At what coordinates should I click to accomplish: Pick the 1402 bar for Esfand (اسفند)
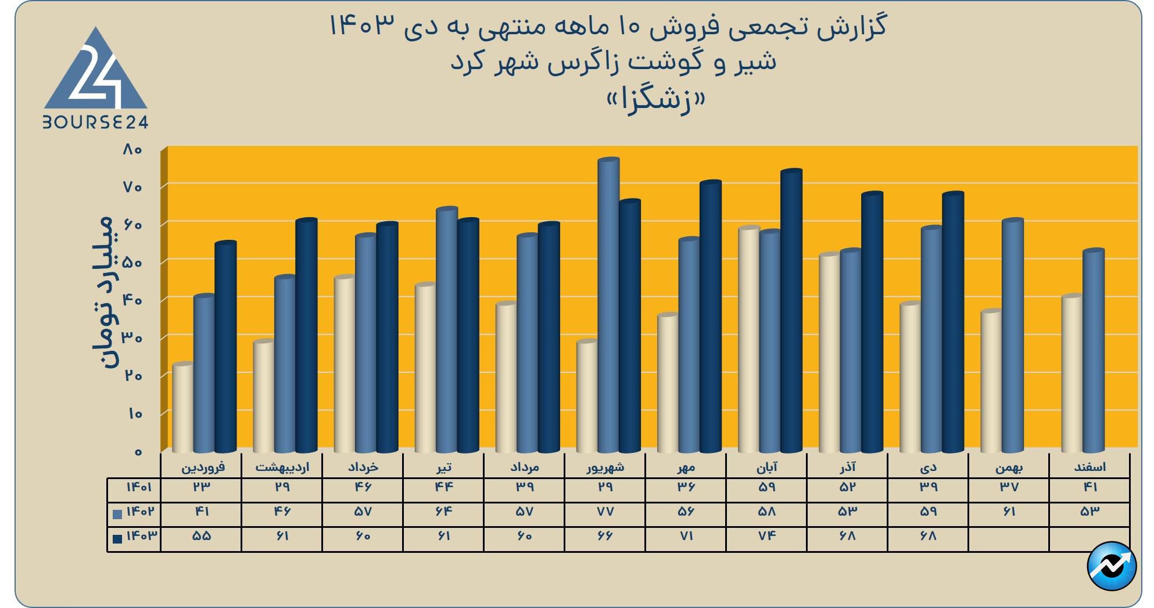[1093, 351]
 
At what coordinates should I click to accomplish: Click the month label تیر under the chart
[443, 467]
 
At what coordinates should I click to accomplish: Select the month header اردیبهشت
[282, 467]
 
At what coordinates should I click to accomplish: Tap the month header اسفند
[1090, 467]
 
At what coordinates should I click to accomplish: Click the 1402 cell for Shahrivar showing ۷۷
[605, 512]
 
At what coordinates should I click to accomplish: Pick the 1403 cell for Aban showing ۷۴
[766, 536]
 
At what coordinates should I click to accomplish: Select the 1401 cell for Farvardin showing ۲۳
[201, 487]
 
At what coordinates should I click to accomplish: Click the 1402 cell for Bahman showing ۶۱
[1009, 512]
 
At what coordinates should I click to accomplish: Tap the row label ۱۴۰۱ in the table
[139, 487]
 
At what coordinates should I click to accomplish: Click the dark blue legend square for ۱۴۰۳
[117, 538]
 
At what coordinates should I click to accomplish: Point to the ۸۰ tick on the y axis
[132, 150]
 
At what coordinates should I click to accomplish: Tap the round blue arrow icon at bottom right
[1111, 566]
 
